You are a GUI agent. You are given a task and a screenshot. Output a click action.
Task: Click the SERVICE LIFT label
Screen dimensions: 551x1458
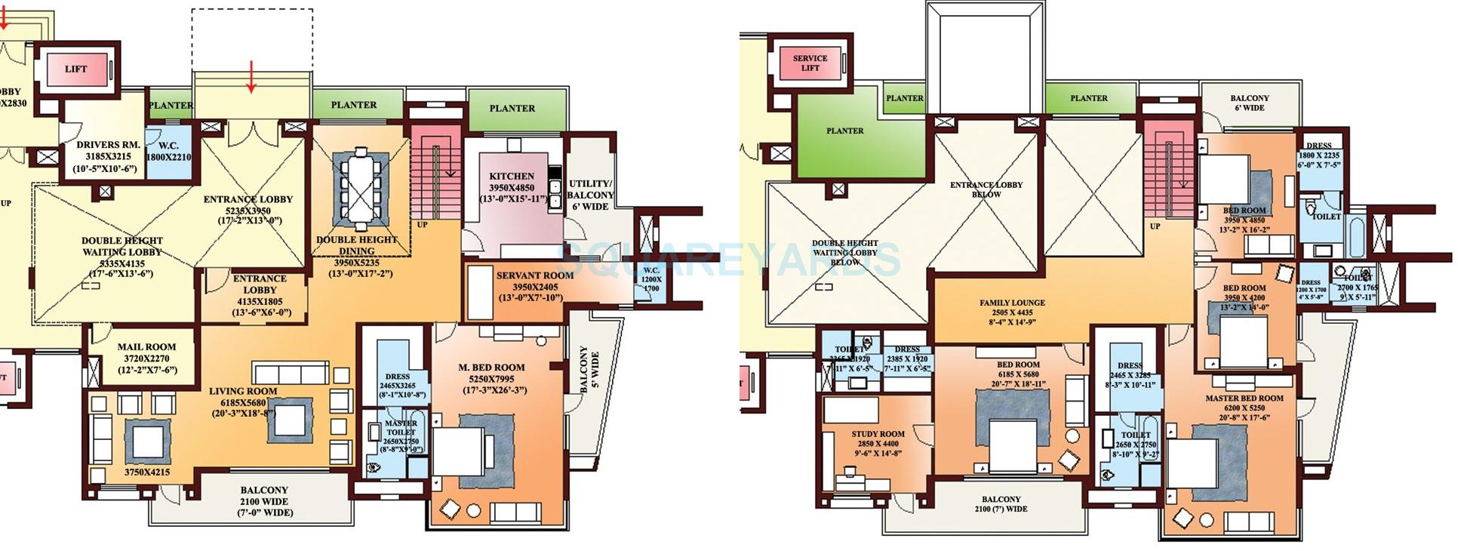pos(810,63)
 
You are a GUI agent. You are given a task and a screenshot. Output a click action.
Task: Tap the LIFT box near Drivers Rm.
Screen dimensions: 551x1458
pos(75,69)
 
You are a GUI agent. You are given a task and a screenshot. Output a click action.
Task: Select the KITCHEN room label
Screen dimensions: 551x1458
pos(511,177)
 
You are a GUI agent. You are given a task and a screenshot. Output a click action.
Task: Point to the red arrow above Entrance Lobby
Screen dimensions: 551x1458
pos(251,77)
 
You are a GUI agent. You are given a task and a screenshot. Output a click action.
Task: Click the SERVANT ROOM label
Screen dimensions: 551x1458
pos(534,275)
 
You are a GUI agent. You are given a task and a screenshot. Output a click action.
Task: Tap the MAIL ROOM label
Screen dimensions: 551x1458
pos(146,347)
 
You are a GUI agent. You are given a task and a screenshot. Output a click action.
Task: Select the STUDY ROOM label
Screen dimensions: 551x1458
pos(878,434)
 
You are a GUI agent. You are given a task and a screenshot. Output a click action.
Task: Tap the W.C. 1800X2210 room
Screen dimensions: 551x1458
pos(168,152)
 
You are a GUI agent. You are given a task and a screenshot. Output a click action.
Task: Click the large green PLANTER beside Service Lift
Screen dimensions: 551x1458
pos(844,134)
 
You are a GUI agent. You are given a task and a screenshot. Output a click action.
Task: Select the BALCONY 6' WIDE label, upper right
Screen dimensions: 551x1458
pos(1249,103)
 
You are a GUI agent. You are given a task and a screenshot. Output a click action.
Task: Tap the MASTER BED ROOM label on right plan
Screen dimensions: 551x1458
pos(1244,398)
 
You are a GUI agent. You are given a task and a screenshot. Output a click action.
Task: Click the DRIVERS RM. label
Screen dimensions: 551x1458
pos(108,144)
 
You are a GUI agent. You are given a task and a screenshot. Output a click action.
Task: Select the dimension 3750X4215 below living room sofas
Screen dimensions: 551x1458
pos(147,473)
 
